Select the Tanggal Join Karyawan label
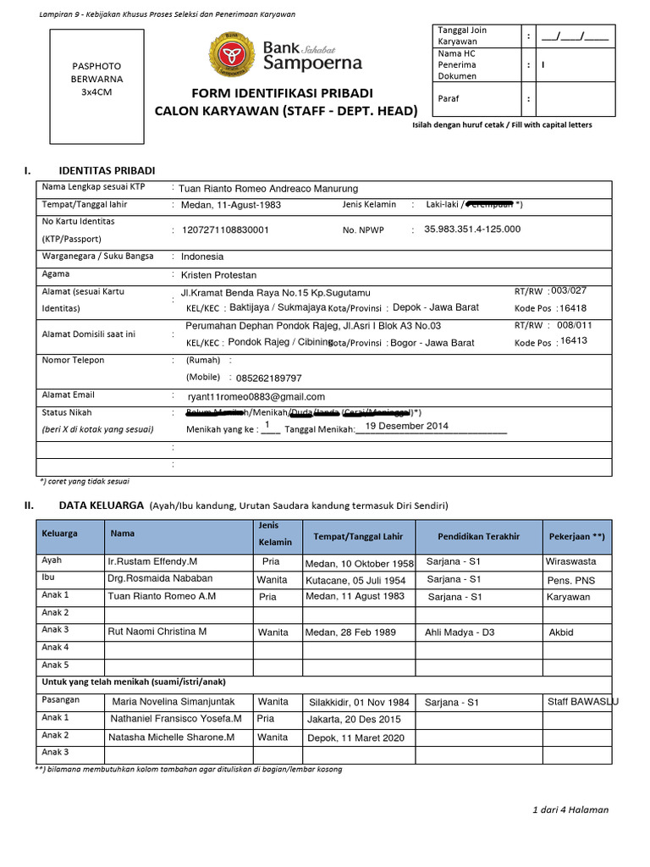[462, 36]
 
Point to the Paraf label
[448, 99]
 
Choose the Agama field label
[56, 274]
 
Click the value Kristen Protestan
[218, 275]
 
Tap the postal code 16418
[573, 308]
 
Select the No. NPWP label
[364, 229]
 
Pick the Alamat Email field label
[69, 395]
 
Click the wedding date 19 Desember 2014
[407, 426]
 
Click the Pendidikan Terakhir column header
[478, 537]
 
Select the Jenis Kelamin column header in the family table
[274, 534]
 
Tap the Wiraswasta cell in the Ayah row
[571, 561]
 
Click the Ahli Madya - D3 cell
[460, 632]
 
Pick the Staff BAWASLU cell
[582, 701]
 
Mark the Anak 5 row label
[55, 665]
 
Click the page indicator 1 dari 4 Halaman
[570, 809]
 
